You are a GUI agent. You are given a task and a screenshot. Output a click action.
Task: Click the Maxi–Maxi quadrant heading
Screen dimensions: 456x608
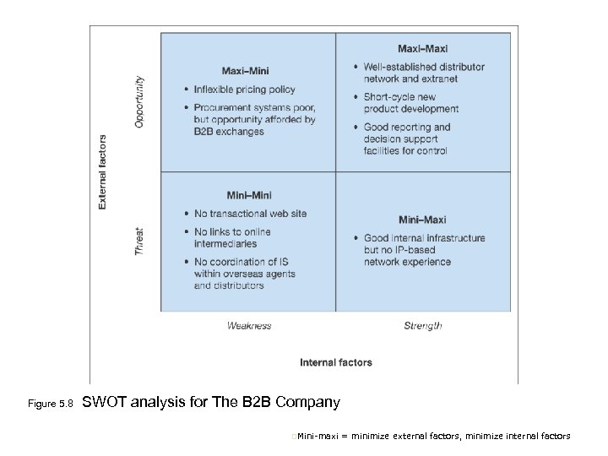422,48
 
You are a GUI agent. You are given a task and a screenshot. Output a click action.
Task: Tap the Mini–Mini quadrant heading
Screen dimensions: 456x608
249,196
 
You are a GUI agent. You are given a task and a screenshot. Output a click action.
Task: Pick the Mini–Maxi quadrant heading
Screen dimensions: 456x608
422,220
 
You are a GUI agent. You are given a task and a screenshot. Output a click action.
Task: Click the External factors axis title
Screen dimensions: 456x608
103,171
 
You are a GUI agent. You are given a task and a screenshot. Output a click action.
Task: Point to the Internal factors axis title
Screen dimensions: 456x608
335,362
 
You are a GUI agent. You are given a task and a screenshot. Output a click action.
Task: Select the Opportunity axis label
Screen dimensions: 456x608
140,102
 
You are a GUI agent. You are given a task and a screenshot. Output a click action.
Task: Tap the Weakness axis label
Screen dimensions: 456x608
249,325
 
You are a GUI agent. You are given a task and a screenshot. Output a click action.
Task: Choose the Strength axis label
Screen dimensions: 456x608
422,325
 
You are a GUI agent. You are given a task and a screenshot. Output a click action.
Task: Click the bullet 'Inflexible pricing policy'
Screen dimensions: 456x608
245,90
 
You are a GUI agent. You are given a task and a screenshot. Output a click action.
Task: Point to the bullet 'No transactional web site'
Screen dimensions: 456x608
250,214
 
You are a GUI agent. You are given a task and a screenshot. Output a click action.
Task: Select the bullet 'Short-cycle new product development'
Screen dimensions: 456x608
411,103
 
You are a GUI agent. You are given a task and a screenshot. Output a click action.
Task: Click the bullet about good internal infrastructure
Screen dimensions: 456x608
424,250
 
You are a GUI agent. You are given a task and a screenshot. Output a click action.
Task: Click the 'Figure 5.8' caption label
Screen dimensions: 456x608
52,404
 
